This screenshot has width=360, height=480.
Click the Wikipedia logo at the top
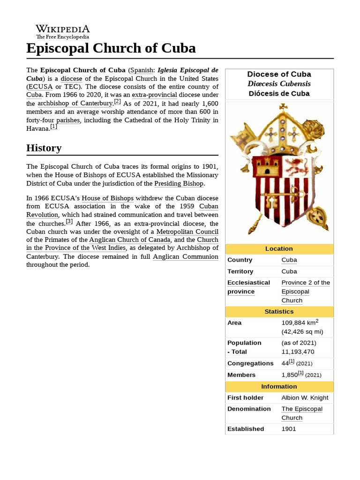pyautogui.click(x=63, y=31)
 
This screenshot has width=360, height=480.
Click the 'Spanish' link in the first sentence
pyautogui.click(x=142, y=70)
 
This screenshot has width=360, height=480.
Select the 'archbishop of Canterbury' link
pyautogui.click(x=75, y=103)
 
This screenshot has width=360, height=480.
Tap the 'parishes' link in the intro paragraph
pyautogui.click(x=68, y=120)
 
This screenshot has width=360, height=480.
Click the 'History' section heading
pyautogui.click(x=44, y=148)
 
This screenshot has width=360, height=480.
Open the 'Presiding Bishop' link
pyautogui.click(x=179, y=183)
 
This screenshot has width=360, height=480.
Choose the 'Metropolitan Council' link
pyautogui.click(x=187, y=232)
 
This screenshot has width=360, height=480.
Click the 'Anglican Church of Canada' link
pyautogui.click(x=129, y=240)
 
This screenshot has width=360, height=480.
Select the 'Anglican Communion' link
pyautogui.click(x=185, y=256)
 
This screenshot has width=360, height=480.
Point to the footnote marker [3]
pyautogui.click(x=69, y=222)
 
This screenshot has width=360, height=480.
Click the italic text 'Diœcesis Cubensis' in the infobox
pyautogui.click(x=279, y=83)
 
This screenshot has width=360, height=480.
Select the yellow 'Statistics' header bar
pyautogui.click(x=279, y=311)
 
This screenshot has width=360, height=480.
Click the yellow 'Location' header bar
pyautogui.click(x=279, y=248)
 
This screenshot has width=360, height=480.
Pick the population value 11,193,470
pyautogui.click(x=298, y=352)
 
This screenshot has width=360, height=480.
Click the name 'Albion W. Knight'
pyautogui.click(x=305, y=397)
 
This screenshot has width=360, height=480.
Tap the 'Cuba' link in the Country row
pyautogui.click(x=289, y=260)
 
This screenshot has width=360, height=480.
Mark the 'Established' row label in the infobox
pyautogui.click(x=246, y=428)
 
